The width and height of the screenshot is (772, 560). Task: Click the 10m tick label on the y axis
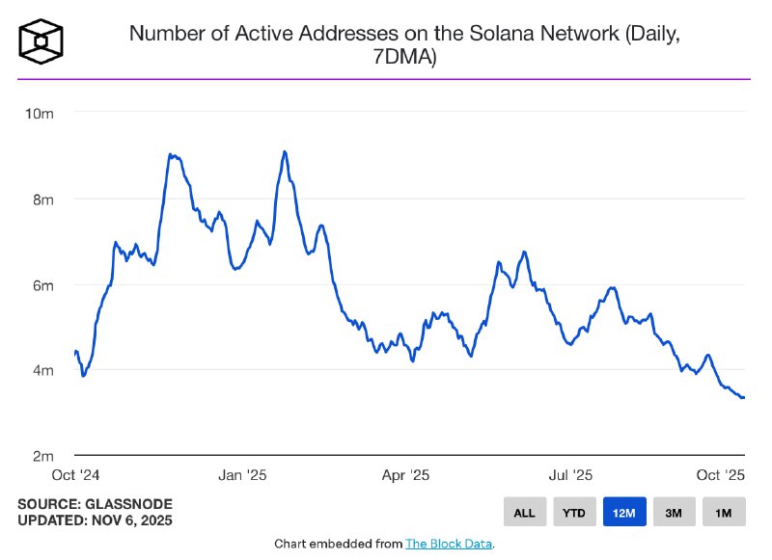(40, 114)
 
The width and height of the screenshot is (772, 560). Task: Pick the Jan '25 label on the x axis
(242, 475)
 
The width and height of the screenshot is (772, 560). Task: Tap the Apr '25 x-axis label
(406, 475)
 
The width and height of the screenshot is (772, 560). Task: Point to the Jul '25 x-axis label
(571, 475)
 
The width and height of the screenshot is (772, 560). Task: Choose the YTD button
(573, 513)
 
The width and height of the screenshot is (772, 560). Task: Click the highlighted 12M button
(623, 513)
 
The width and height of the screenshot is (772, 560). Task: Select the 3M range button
(673, 513)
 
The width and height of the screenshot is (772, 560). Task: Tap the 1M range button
(723, 513)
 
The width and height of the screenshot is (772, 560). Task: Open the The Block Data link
(449, 545)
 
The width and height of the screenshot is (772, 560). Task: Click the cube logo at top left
(41, 40)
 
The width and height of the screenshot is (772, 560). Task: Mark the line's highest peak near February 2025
(285, 151)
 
